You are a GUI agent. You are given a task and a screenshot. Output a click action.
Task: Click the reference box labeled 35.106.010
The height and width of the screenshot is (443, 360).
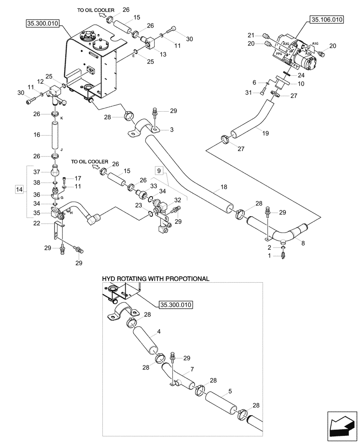[327, 20]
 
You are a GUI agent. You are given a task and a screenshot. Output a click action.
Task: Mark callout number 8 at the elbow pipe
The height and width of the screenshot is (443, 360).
[303, 243]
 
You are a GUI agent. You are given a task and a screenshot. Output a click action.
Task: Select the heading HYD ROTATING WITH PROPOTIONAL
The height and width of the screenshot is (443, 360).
[155, 279]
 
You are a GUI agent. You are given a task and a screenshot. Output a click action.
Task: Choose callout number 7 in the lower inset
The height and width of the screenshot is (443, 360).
[192, 369]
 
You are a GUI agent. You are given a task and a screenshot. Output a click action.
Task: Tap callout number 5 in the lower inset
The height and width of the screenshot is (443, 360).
[230, 392]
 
